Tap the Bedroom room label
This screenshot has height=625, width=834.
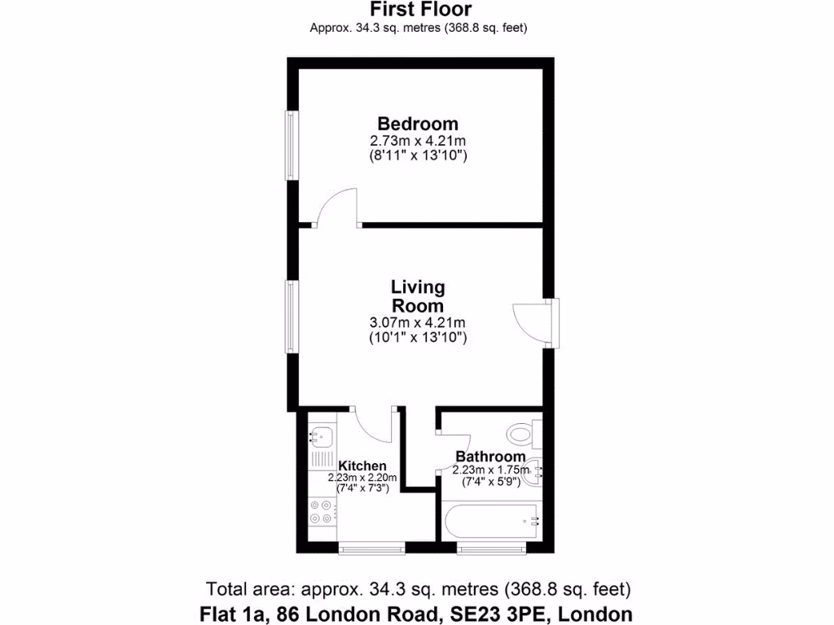tap(418, 124)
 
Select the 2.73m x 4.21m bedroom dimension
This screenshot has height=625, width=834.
tap(418, 140)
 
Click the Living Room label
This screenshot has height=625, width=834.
tap(418, 296)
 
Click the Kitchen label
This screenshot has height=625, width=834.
tap(362, 465)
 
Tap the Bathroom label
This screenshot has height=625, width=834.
tap(490, 457)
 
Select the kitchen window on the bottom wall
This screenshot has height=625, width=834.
tap(371, 549)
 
